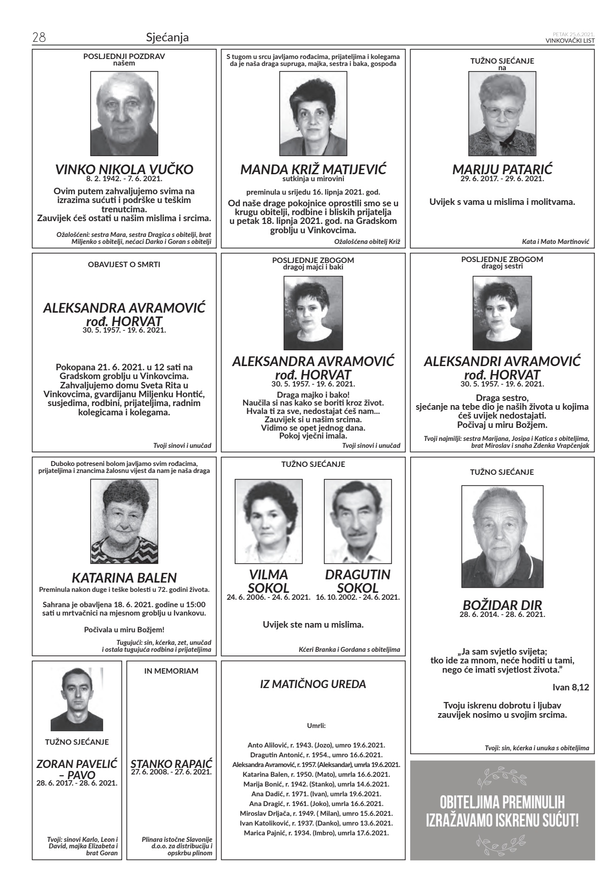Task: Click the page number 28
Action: (39, 37)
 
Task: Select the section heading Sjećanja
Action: (167, 37)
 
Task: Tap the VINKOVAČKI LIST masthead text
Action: (570, 40)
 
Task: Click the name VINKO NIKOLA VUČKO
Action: (124, 170)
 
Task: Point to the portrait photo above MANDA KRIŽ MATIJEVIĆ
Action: (313, 113)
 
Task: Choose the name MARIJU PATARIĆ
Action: (502, 170)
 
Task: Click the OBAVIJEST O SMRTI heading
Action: (124, 265)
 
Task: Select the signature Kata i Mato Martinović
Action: (555, 242)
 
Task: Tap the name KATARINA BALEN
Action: (124, 578)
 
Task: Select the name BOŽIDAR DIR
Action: (502, 605)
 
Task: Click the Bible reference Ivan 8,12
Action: (570, 687)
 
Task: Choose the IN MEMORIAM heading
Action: (171, 671)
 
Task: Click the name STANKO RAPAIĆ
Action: (171, 764)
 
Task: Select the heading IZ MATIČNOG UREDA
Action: (313, 684)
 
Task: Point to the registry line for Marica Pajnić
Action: (316, 833)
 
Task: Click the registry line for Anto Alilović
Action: (316, 745)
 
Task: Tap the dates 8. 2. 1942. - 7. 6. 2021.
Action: (124, 179)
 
